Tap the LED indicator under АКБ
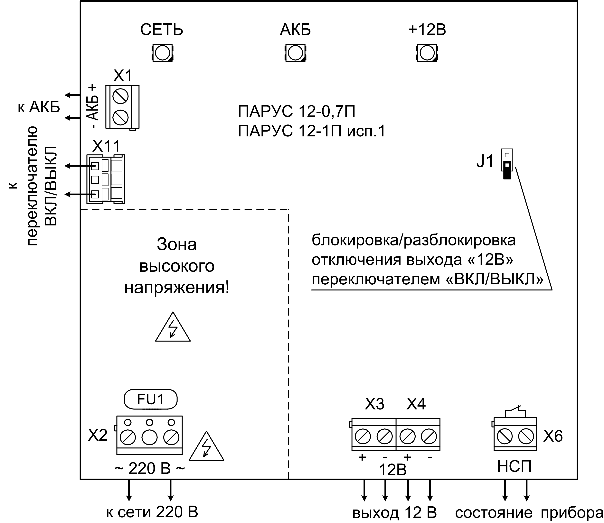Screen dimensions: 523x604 pyautogui.click(x=295, y=53)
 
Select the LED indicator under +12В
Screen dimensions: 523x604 pyautogui.click(x=428, y=53)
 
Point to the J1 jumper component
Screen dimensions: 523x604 pyautogui.click(x=507, y=164)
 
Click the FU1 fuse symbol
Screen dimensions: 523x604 pyautogui.click(x=151, y=399)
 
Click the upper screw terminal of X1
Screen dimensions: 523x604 pyautogui.click(x=121, y=96)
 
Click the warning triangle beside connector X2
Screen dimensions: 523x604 pyautogui.click(x=206, y=447)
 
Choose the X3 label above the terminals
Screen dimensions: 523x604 pyautogui.click(x=374, y=404)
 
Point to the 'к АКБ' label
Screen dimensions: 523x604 pyautogui.click(x=39, y=107)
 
